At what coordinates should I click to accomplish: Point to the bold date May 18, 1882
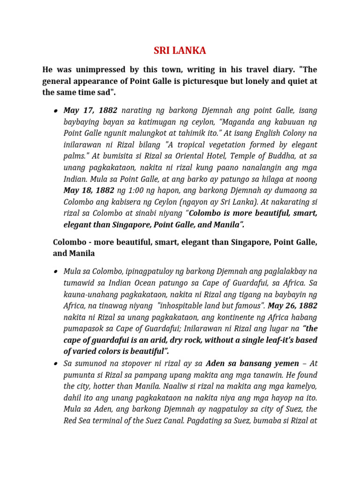(89, 191)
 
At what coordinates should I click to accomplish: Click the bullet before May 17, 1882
(55, 112)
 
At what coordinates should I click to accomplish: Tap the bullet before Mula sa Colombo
(55, 272)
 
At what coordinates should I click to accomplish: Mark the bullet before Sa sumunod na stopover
(55, 364)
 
